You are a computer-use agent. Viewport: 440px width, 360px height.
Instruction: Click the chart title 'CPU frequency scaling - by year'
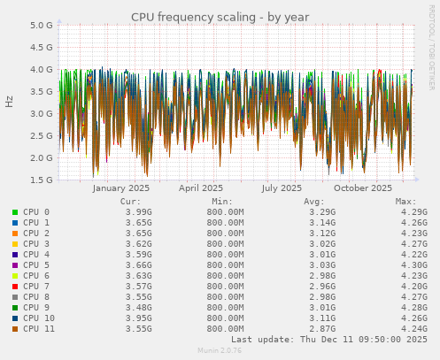coord(220,17)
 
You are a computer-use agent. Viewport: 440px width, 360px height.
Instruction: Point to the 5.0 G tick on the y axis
coord(41,26)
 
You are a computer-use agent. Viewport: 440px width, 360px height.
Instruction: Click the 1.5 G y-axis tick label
coord(41,180)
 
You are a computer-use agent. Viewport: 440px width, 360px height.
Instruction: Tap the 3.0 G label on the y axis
coord(41,114)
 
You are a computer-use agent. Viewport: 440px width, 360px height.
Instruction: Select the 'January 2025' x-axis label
coord(121,188)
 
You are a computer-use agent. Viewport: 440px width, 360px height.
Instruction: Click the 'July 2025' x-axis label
coord(282,188)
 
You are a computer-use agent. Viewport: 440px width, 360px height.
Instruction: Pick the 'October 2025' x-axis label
coord(363,188)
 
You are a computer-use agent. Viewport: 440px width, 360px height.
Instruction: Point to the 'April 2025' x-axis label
coord(201,188)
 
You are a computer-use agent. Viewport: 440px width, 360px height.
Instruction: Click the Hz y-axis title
coord(10,102)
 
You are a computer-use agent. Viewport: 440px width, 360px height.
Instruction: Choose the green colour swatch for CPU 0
coord(15,212)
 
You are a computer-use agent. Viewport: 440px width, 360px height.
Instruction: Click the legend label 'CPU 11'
coord(39,329)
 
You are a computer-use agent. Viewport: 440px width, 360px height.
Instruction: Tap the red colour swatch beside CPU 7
coord(15,287)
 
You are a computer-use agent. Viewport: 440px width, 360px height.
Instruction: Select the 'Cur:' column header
coord(130,201)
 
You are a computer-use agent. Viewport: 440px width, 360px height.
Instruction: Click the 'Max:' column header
coord(405,201)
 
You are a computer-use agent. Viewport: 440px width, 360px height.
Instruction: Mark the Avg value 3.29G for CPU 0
coord(322,212)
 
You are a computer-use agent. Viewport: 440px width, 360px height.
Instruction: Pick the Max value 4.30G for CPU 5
coord(413,265)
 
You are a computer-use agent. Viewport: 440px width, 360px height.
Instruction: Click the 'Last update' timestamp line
coord(328,340)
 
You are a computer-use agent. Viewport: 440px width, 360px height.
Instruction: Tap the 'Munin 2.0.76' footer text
coord(220,351)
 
